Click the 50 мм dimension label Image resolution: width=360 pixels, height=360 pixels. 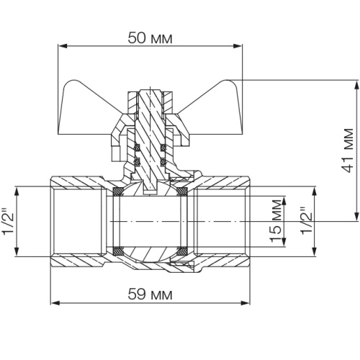[x=150, y=38]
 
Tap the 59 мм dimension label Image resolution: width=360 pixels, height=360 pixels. [x=150, y=294]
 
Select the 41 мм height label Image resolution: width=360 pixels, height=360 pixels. [x=348, y=150]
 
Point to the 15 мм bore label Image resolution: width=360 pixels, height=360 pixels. [x=275, y=220]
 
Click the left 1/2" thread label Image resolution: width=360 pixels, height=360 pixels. [x=9, y=221]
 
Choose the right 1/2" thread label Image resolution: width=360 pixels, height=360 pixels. [x=307, y=221]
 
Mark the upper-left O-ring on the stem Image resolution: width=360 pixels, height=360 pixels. [x=138, y=147]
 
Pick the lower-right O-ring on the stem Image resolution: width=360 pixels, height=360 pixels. [x=163, y=162]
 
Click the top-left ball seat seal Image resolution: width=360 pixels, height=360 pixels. [x=118, y=192]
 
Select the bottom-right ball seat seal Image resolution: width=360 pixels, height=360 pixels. [x=182, y=251]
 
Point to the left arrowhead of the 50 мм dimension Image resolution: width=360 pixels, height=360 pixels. [x=62, y=46]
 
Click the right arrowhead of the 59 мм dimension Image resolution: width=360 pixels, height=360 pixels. [x=246, y=303]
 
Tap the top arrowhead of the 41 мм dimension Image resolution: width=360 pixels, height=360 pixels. [x=357, y=84]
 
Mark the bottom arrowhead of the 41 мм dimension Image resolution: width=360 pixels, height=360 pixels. [x=357, y=217]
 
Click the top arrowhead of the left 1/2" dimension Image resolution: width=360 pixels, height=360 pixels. [x=17, y=191]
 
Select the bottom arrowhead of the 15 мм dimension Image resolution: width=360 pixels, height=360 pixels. [x=284, y=242]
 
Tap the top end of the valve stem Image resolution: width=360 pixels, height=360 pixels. [x=150, y=90]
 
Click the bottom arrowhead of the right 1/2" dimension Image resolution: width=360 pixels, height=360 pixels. [x=314, y=252]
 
